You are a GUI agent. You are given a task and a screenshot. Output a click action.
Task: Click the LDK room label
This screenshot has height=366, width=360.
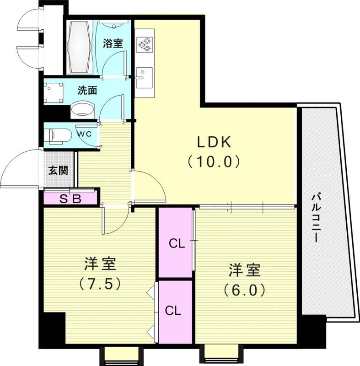[214, 143]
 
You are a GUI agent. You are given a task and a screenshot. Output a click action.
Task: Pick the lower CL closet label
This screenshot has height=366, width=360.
[173, 311]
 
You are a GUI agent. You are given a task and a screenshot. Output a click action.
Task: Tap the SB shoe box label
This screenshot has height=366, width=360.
[71, 199]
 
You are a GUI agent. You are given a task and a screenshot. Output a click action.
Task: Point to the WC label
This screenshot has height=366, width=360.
[83, 135]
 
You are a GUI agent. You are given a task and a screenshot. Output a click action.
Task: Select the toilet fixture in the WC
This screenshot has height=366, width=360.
[59, 136]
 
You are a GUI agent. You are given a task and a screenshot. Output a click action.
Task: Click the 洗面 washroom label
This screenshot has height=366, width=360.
[87, 90]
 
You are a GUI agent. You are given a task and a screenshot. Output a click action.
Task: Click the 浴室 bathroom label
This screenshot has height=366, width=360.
[112, 44]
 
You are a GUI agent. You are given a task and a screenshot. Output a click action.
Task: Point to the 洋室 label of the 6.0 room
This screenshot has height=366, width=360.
[245, 270]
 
